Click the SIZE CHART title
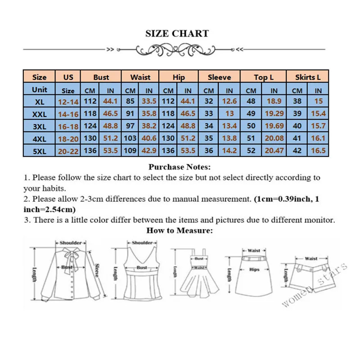pyautogui.click(x=177, y=33)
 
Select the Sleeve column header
pyautogui.click(x=219, y=77)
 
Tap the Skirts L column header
pyautogui.click(x=308, y=77)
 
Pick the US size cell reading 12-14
pyautogui.click(x=68, y=102)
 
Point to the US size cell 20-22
pyautogui.click(x=68, y=151)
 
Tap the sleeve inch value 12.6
pyautogui.click(x=229, y=102)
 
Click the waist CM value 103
pyautogui.click(x=130, y=138)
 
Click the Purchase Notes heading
pyautogui.click(x=180, y=167)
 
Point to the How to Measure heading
pyautogui.click(x=180, y=230)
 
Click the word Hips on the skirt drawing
pyautogui.click(x=254, y=270)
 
